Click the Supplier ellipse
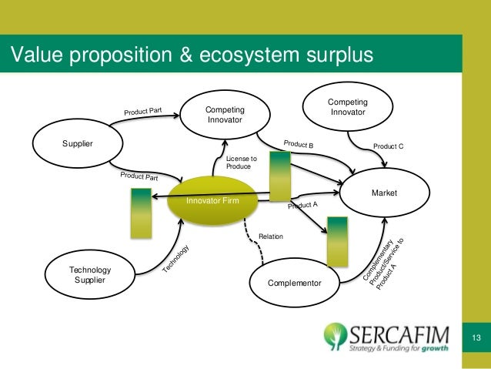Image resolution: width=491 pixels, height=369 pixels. point(75,143)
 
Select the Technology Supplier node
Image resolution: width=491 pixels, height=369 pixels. point(91,274)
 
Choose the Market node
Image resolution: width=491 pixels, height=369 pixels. point(384,193)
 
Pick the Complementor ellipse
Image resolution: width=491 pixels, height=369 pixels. point(294,283)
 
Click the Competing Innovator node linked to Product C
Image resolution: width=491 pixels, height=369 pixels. point(347,108)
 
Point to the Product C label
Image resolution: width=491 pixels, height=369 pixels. point(388,146)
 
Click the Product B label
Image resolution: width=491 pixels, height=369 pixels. point(299,144)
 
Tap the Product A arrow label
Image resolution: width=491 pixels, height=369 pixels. point(303,206)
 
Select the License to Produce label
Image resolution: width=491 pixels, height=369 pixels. point(241,163)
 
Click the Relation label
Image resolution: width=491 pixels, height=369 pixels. point(271,237)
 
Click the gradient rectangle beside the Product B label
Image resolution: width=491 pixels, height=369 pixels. point(279,176)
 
